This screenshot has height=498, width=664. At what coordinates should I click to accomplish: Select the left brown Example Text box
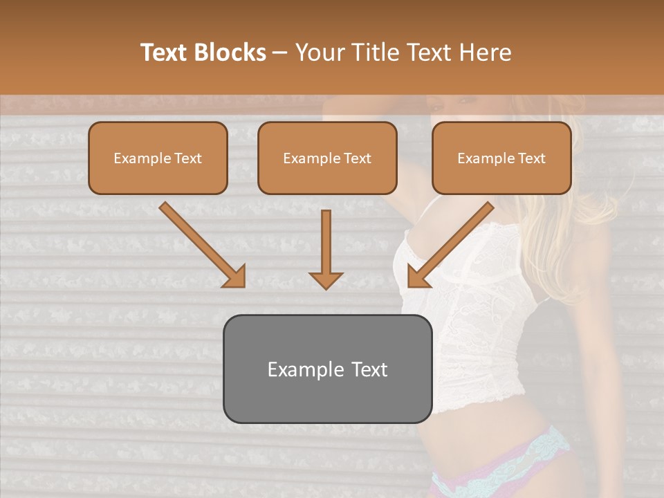(158, 158)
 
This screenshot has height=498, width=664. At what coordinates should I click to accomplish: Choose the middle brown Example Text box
(327, 158)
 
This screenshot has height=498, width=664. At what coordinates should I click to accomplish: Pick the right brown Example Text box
(501, 158)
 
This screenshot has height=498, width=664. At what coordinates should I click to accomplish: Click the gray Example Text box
(327, 369)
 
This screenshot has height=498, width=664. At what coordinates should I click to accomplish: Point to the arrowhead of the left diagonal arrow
(234, 277)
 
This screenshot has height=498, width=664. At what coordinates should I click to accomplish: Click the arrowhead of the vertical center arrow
(326, 280)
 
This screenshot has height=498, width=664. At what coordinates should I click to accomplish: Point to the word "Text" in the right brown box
(533, 158)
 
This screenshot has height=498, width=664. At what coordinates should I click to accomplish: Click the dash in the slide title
(281, 53)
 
